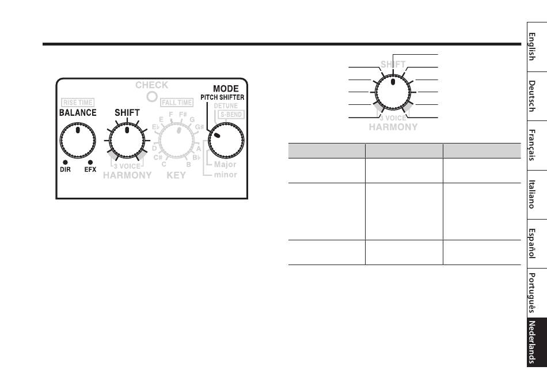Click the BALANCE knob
point(78,141)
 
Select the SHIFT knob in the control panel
point(127,141)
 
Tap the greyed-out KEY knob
point(177,141)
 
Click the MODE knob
point(226,141)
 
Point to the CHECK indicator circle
point(152,96)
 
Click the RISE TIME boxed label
point(78,103)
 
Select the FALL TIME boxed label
point(177,103)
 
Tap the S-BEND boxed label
point(231,115)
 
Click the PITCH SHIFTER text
point(222,97)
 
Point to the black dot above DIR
point(65,163)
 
